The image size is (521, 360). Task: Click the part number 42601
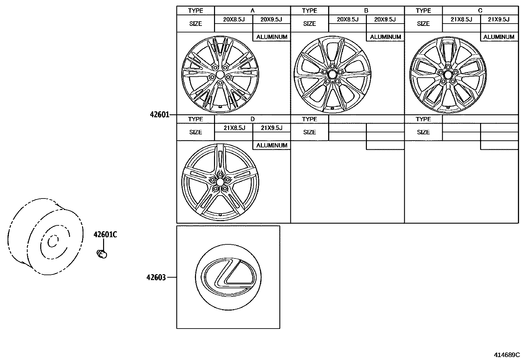[159, 115]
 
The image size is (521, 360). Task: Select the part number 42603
[156, 277]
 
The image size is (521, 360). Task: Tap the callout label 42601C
[105, 235]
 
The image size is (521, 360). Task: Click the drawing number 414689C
[507, 354]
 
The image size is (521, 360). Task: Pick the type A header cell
[252, 10]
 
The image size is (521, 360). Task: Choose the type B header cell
[366, 10]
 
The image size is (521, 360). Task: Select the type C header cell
[480, 10]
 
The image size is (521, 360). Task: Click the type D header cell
[252, 119]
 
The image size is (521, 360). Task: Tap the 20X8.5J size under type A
[234, 19]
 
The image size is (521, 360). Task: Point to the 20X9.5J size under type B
[385, 19]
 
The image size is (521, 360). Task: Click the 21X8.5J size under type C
[461, 19]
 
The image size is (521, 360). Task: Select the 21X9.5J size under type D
[271, 128]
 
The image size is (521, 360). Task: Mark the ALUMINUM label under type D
[272, 145]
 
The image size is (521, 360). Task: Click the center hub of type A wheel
[220, 74]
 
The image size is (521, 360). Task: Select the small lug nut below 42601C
[102, 254]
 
